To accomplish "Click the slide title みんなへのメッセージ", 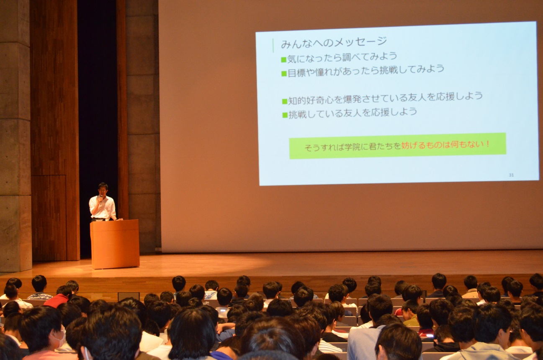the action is point(334,42).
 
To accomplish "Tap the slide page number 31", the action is point(511,175).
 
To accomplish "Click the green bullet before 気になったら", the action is point(283,59).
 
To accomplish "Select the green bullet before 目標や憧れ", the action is point(284,73).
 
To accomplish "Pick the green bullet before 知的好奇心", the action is point(285,101).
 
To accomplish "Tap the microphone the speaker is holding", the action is point(101,199).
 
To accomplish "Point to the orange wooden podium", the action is point(115,244).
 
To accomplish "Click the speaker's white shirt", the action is point(102,208).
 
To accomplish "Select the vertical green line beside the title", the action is point(273,45).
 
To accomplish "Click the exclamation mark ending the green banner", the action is point(488,144).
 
